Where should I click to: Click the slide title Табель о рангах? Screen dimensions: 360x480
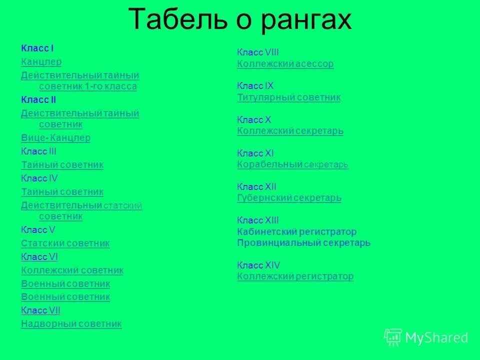(240, 20)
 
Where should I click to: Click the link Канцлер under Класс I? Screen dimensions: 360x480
(41, 62)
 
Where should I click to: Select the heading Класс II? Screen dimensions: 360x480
(38, 100)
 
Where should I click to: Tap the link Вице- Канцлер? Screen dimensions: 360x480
(56, 138)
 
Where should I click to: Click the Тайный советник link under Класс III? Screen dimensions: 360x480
(62, 165)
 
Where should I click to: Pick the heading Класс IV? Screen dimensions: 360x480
(39, 178)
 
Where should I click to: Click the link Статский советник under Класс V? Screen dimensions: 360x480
(65, 243)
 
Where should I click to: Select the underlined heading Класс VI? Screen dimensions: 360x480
(39, 257)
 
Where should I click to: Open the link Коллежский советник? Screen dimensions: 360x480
(72, 270)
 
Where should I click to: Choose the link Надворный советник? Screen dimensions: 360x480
(71, 324)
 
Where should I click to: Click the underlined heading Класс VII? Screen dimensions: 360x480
(40, 310)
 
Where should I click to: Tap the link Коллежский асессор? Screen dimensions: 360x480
(285, 64)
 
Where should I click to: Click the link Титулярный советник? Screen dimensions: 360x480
(288, 97)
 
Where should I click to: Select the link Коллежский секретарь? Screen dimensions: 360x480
(290, 131)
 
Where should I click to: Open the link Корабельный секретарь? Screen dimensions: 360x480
(292, 164)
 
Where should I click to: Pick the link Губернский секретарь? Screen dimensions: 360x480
(289, 198)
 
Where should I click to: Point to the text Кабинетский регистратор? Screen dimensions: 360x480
(296, 232)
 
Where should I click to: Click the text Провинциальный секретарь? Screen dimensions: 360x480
(303, 243)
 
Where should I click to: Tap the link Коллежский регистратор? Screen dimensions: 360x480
(295, 276)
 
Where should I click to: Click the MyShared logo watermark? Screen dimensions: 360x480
(426, 337)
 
